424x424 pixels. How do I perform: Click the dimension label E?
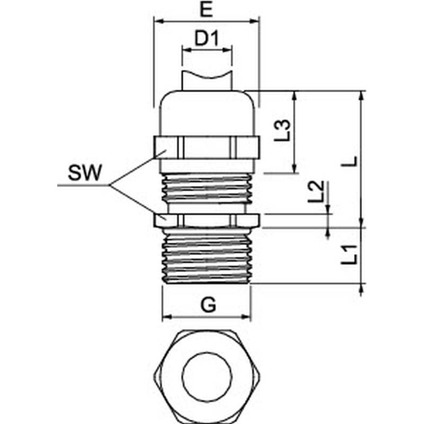coord(207,10)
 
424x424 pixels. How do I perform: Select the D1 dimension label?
coord(207,39)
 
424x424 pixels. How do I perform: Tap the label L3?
coord(284,130)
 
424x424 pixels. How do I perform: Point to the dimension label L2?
coord(316,191)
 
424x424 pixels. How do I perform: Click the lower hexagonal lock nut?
coord(207,219)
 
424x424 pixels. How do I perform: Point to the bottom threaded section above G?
coord(207,257)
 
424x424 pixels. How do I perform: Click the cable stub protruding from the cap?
coord(207,81)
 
